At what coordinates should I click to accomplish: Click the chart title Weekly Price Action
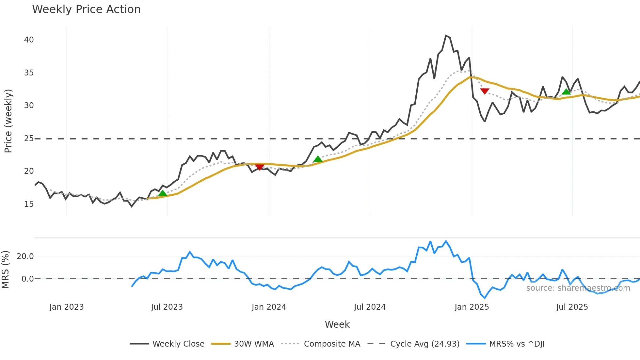[x=86, y=9]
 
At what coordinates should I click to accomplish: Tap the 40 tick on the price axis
[x=29, y=40]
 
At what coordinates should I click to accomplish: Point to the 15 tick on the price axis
[x=29, y=204]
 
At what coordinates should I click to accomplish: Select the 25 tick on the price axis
[x=29, y=139]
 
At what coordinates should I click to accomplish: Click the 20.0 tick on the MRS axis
[x=25, y=256]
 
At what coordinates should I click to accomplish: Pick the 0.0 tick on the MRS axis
[x=27, y=279]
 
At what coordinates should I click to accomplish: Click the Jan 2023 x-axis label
[x=67, y=307]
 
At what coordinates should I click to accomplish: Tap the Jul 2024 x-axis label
[x=370, y=307]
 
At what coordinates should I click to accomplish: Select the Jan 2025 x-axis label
[x=472, y=307]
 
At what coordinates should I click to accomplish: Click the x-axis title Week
[x=337, y=324]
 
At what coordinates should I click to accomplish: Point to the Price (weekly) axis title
[x=8, y=121]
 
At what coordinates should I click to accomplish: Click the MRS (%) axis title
[x=6, y=270]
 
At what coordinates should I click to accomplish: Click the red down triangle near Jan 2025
[x=485, y=91]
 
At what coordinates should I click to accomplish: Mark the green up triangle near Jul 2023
[x=163, y=193]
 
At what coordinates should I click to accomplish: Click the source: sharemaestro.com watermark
[x=578, y=288]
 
